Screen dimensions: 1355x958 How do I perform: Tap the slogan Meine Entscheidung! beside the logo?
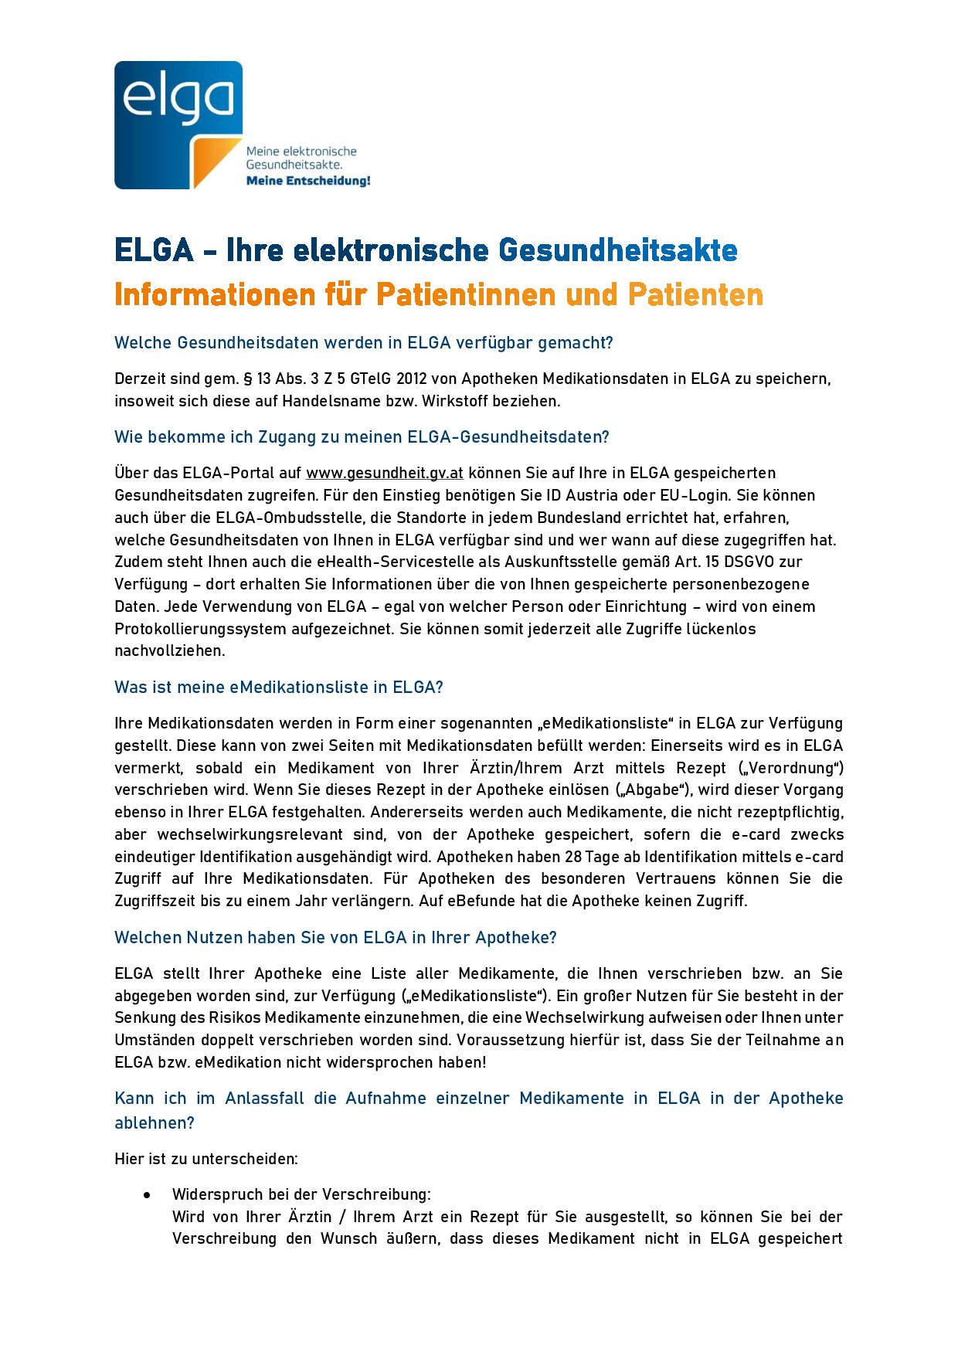click(307, 181)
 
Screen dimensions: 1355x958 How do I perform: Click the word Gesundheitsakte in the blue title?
click(617, 250)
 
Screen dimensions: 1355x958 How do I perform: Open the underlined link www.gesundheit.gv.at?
click(384, 473)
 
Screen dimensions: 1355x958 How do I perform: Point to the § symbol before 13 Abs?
click(248, 379)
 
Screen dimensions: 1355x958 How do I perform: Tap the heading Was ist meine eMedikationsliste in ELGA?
click(278, 688)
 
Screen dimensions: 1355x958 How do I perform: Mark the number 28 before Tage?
click(572, 857)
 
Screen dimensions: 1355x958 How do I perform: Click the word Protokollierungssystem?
click(200, 629)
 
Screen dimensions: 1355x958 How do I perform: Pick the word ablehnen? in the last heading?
click(154, 1123)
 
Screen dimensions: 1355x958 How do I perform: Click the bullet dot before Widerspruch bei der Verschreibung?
click(147, 1195)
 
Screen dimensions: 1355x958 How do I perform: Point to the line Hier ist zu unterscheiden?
click(206, 1159)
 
